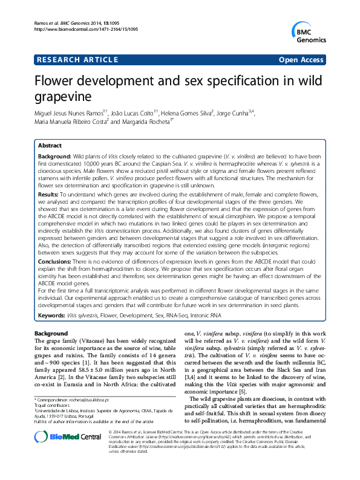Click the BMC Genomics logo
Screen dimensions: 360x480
pos(311,32)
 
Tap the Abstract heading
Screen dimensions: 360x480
pos(49,146)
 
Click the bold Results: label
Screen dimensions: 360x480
pos(50,195)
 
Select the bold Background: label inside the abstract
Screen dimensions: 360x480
pos(54,157)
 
